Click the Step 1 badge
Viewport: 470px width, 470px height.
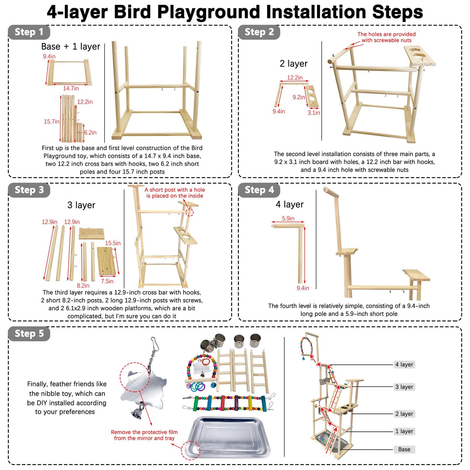[29, 32]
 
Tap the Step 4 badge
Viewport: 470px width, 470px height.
[259, 190]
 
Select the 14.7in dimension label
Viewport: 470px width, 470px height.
[71, 88]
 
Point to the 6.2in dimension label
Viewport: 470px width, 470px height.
[90, 132]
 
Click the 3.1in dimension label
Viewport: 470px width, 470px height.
[314, 113]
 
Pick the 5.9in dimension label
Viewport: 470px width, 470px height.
[288, 218]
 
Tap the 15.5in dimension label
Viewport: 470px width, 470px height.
[113, 243]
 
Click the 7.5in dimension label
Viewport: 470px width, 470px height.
[107, 281]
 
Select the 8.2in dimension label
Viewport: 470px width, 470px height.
[83, 286]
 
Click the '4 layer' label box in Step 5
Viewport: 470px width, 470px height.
[404, 365]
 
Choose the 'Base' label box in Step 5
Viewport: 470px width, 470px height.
[404, 449]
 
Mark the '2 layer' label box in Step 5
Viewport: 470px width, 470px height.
[404, 414]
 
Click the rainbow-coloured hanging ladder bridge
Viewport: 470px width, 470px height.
[229, 403]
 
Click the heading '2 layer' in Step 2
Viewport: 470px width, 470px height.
[293, 63]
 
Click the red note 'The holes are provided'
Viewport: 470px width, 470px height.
[386, 34]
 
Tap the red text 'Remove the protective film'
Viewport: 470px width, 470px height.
[144, 432]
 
